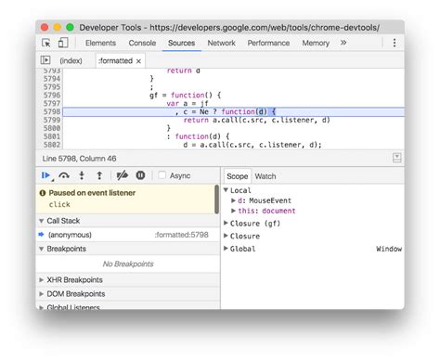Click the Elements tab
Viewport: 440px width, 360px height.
[100, 43]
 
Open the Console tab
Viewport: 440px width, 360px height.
[142, 43]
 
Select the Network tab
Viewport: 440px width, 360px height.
[221, 43]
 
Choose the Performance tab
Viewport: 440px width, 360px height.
[268, 43]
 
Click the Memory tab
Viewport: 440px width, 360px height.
[316, 43]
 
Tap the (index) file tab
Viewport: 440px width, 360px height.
[71, 60]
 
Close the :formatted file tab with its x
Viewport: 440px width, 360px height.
[138, 60]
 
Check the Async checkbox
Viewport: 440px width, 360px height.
[162, 175]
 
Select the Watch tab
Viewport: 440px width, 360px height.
[265, 175]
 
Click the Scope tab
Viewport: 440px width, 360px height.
[238, 175]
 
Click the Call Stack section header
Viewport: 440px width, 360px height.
[64, 221]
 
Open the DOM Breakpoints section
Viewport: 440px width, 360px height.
[76, 293]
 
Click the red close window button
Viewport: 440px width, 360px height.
[44, 27]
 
